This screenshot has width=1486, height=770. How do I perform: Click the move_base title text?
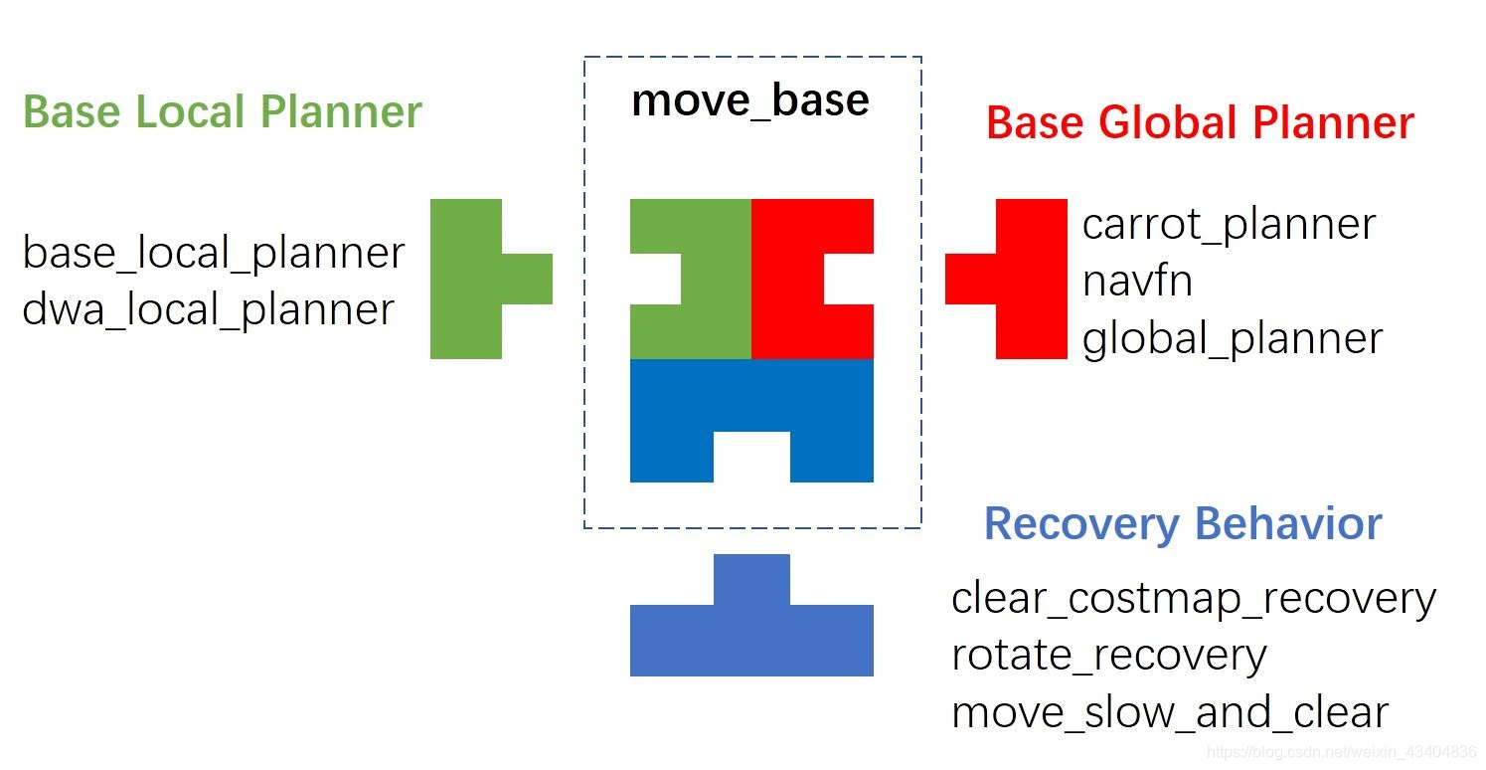coord(750,100)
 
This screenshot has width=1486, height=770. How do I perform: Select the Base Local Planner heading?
coord(223,112)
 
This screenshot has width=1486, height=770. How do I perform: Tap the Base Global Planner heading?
coord(1200,123)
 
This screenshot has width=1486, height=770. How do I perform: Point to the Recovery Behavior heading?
coord(1183,523)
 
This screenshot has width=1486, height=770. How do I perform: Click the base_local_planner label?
coord(214,254)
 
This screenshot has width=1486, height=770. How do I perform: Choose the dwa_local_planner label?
coord(209,310)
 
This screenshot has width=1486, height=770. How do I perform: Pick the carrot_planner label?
coord(1229,225)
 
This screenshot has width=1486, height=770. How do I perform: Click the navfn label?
coord(1137,282)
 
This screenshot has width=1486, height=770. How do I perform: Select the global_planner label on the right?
coord(1233,339)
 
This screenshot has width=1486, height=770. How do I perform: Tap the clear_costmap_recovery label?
coord(1194,599)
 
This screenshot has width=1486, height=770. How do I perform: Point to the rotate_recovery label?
coord(1109,656)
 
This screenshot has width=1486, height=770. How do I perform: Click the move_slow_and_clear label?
coord(1170,713)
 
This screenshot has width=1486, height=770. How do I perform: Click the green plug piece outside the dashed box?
coord(467,279)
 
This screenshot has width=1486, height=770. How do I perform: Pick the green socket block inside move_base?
coord(716,279)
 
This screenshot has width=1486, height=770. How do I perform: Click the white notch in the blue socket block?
coord(751,457)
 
